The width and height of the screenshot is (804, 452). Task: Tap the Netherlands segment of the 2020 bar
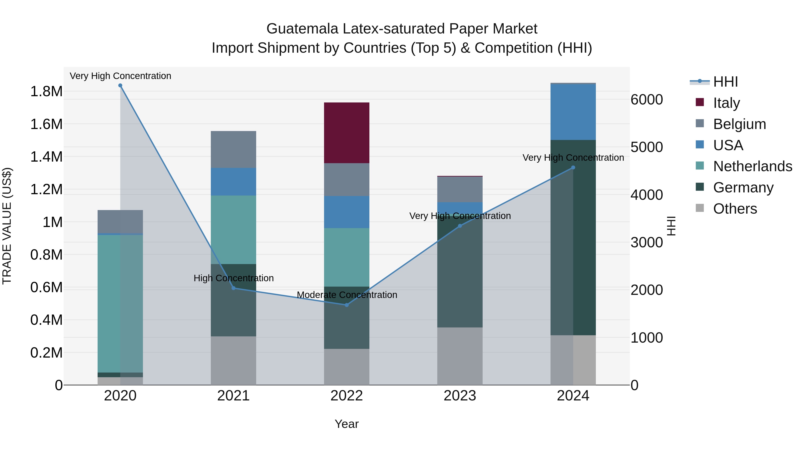click(120, 303)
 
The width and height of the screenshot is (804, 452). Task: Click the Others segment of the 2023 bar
click(460, 356)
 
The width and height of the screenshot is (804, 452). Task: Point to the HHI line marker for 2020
click(120, 85)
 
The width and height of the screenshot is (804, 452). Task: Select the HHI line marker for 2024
click(573, 167)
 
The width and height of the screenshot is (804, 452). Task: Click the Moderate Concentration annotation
click(347, 295)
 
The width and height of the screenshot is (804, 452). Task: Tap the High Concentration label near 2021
click(233, 278)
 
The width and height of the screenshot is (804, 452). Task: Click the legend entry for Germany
click(743, 187)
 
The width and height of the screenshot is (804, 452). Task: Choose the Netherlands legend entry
click(752, 166)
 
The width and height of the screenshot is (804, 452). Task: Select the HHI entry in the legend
click(725, 82)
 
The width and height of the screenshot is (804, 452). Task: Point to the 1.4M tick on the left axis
click(46, 157)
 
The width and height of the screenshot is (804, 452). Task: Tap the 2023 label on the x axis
click(460, 396)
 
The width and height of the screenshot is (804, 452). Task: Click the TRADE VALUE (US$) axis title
click(7, 226)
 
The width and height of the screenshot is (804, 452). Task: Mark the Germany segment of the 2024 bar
click(573, 237)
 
